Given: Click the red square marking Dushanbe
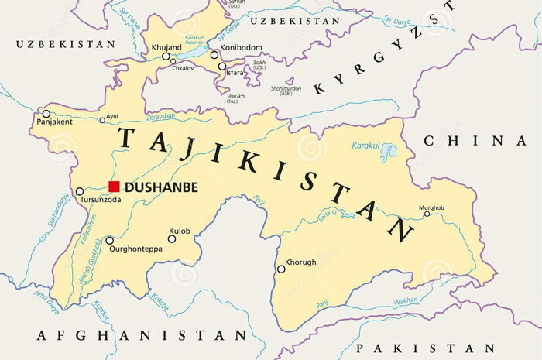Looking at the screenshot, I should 114,187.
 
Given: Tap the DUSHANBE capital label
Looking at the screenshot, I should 161,187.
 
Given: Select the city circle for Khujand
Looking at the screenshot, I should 165,57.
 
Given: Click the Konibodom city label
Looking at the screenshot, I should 240,48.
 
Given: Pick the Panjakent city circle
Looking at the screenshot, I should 46,114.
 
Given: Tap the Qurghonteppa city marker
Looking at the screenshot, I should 109,241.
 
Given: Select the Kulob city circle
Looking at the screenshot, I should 172,238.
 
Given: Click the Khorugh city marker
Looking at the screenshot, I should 281,269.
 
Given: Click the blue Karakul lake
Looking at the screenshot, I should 388,153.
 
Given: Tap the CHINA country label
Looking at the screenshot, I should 475,141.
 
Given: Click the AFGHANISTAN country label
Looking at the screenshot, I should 141,335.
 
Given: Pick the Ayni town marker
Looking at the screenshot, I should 102,120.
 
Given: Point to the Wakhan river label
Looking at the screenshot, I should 405,301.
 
